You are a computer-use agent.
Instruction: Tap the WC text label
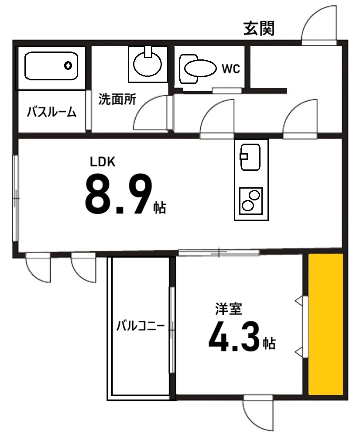pos(231,69)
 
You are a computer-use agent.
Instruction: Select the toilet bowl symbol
pos(199,69)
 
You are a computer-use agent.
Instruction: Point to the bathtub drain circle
pos(68,65)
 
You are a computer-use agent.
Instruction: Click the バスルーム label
pos(51,113)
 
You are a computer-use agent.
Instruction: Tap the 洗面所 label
pos(117,100)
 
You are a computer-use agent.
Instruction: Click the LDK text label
pos(103,162)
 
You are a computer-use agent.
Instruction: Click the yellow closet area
pos(326,324)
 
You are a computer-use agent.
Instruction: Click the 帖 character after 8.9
pos(160,207)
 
